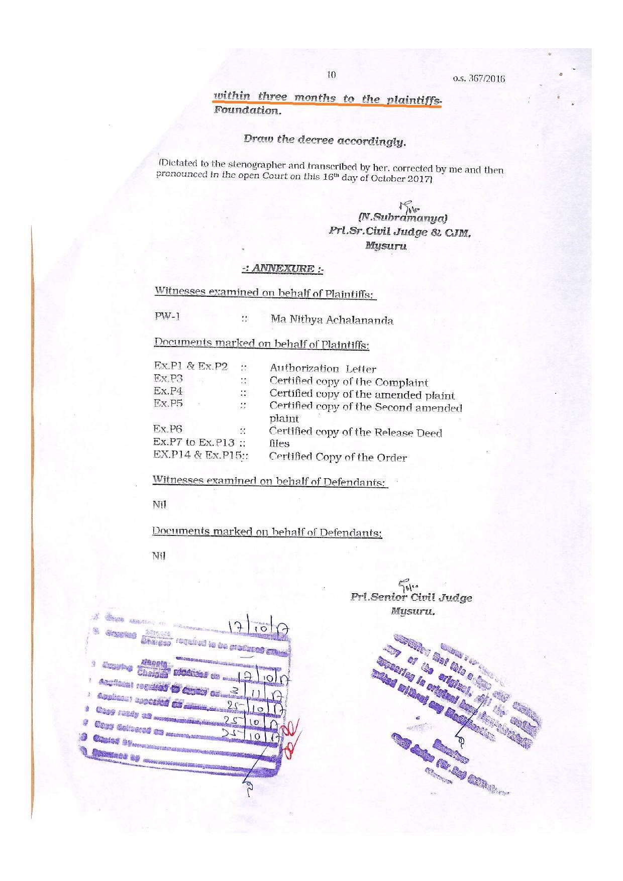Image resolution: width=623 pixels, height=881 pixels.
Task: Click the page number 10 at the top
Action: pos(331,75)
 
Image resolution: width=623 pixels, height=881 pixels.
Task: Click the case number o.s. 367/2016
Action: pos(478,78)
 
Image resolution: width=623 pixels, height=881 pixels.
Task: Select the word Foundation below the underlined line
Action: pos(247,110)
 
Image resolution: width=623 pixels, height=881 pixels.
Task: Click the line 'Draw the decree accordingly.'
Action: pos(324,141)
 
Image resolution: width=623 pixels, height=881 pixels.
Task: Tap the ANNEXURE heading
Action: pos(282,269)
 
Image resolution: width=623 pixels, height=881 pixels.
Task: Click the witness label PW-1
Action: pos(167,316)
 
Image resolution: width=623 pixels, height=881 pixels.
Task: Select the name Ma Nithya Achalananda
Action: pos(332,319)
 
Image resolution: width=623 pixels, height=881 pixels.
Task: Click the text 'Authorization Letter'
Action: pos(323,369)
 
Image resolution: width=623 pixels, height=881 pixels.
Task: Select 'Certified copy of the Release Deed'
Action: pos(355,432)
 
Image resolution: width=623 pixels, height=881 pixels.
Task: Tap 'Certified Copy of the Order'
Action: pos(338,457)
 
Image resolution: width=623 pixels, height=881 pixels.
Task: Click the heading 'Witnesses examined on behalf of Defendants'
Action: pos(269,481)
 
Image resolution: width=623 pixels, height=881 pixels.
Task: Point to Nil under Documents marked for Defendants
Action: pos(159,556)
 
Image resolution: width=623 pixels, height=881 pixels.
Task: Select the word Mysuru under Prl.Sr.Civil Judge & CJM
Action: pos(386,246)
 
